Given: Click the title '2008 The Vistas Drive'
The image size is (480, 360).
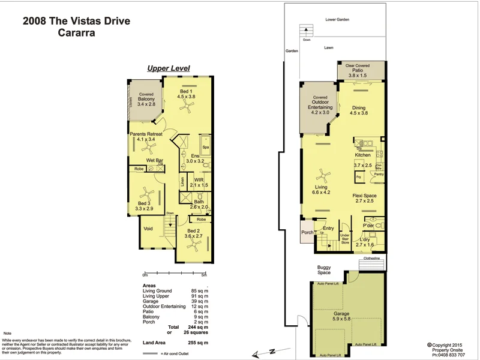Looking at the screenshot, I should (x=76, y=21).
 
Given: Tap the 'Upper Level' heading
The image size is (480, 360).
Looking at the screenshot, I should (x=169, y=68).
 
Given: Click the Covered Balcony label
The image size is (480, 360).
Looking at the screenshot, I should (x=146, y=99).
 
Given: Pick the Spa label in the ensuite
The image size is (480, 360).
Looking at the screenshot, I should (x=205, y=146).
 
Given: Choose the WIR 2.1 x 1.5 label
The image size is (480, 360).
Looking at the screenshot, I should (x=199, y=182).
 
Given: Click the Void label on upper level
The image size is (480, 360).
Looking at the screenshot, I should (x=148, y=229).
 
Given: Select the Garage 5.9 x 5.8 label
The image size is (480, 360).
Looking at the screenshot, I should (x=341, y=316).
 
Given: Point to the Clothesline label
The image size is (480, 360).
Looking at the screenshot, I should (x=371, y=259).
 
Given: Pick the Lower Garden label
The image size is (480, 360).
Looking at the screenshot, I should (x=337, y=20).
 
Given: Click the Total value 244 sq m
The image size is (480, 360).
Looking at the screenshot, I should (x=196, y=327).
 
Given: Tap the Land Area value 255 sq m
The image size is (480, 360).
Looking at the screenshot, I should (x=196, y=342).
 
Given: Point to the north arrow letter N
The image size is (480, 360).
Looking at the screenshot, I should (x=271, y=350).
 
